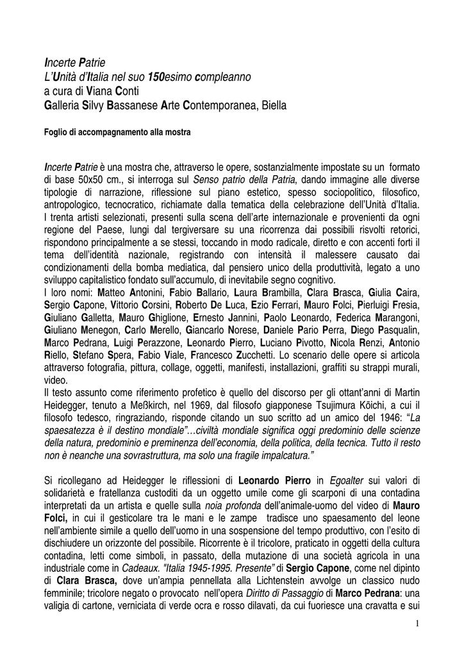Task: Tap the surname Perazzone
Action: click(166, 342)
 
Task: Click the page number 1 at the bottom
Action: click(417, 624)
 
